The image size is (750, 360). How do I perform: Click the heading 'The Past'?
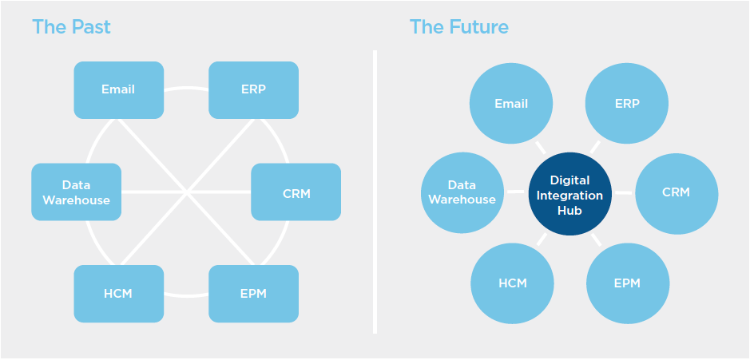(71, 27)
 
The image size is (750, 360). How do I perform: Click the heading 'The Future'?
(458, 27)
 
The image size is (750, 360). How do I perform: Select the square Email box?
(118, 89)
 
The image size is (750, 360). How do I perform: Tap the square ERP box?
(253, 89)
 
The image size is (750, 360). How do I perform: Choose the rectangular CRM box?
(296, 192)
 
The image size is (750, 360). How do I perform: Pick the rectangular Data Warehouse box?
(77, 192)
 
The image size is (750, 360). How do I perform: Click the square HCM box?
(118, 294)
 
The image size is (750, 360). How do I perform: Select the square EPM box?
(253, 294)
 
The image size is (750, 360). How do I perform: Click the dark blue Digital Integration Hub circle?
(570, 193)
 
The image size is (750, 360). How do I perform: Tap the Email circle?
(511, 104)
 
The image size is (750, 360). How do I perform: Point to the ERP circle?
(627, 104)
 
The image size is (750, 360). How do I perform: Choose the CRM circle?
(677, 193)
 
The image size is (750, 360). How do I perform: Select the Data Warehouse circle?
(462, 193)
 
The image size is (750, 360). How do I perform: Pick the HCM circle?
(512, 283)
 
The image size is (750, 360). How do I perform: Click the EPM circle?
(628, 283)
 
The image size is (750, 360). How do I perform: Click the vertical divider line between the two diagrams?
(374, 192)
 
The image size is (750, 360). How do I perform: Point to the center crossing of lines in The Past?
(186, 192)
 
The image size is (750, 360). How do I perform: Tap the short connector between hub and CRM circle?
(624, 193)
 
